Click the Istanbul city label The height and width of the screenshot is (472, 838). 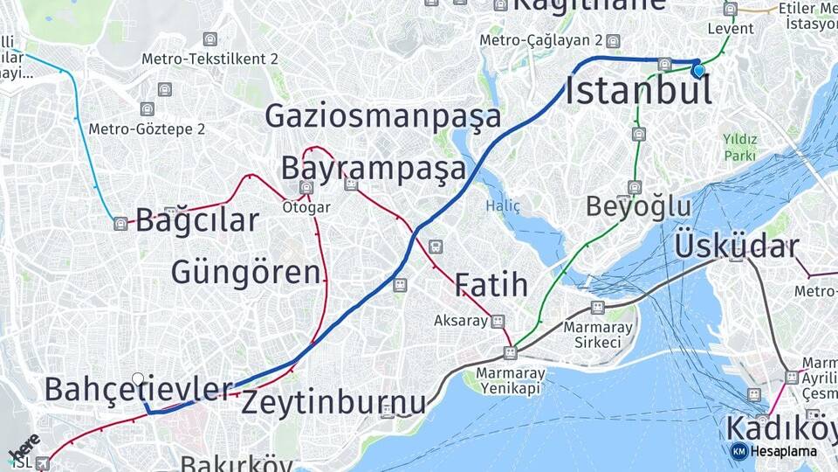tap(638, 91)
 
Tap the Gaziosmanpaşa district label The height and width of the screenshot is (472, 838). tap(383, 116)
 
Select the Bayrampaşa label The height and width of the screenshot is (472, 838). tap(374, 169)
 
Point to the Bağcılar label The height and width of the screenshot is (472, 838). tap(197, 220)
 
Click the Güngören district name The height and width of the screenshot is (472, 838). tap(246, 273)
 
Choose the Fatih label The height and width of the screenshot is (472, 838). tap(491, 285)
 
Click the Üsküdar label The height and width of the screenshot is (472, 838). tap(736, 246)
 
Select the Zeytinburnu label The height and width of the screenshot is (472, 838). tap(333, 403)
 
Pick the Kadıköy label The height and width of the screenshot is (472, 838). tap(780, 429)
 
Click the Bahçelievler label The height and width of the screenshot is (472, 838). tap(139, 390)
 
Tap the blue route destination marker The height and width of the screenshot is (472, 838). tap(698, 69)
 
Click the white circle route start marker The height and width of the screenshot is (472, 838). tap(138, 378)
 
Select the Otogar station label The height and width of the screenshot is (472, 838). tap(306, 207)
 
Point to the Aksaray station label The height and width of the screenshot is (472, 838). tap(461, 321)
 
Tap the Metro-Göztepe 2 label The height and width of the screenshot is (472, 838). tap(147, 129)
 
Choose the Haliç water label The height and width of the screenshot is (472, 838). tap(503, 206)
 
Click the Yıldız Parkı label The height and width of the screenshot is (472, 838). tap(739, 147)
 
